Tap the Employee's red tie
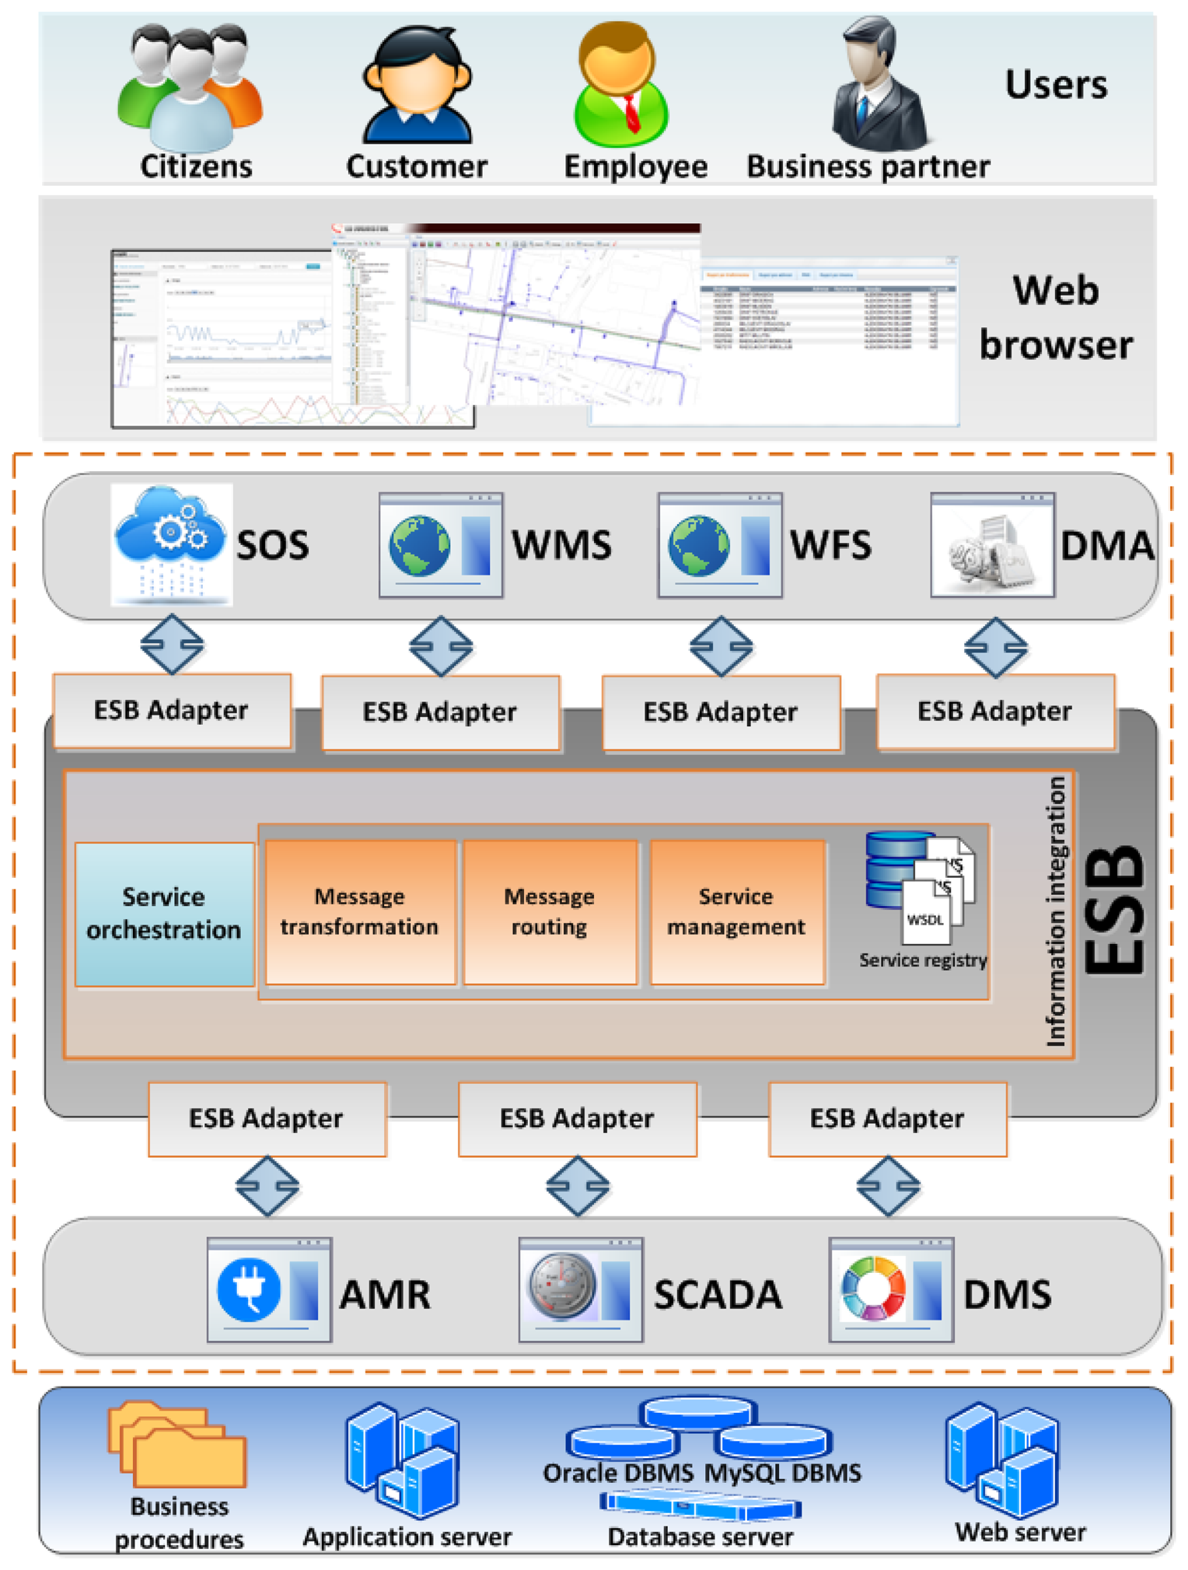(631, 114)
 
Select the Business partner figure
(879, 86)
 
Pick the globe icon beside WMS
(421, 544)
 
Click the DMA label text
(1106, 545)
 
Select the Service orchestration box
(164, 914)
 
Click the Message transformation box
(360, 911)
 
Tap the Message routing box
(550, 911)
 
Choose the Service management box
(736, 911)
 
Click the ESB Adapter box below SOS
(172, 710)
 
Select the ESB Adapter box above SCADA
(577, 1118)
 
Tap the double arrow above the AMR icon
(267, 1186)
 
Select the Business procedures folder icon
(178, 1444)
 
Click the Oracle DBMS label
(617, 1473)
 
